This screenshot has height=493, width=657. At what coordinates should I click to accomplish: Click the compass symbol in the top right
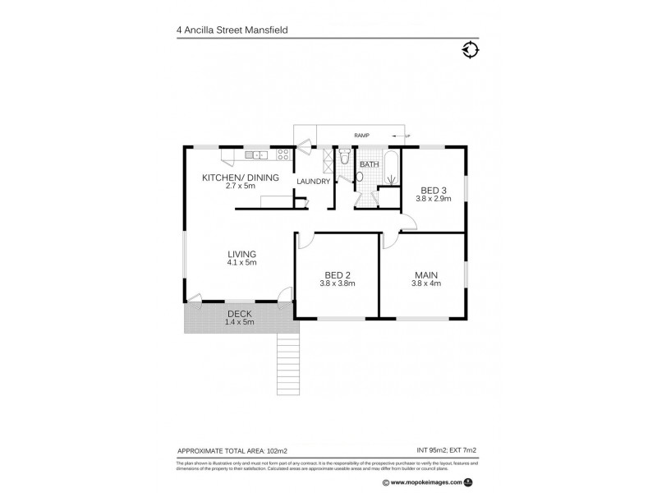pyautogui.click(x=470, y=50)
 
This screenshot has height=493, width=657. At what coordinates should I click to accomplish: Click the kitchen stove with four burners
pyautogui.click(x=283, y=154)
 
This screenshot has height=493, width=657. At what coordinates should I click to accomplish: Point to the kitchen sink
pyautogui.click(x=257, y=154)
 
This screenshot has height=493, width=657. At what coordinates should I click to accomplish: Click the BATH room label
pyautogui.click(x=369, y=164)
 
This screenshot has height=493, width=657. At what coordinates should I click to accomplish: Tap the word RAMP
pyautogui.click(x=361, y=135)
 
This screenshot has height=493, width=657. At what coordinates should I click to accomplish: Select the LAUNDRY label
pyautogui.click(x=314, y=182)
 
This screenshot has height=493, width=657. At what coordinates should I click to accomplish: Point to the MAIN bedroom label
pyautogui.click(x=425, y=274)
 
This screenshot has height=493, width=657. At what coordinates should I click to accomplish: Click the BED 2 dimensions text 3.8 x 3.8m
pyautogui.click(x=337, y=283)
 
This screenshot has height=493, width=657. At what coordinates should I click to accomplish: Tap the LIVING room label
pyautogui.click(x=241, y=254)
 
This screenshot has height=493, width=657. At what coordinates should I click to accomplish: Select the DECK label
pyautogui.click(x=240, y=314)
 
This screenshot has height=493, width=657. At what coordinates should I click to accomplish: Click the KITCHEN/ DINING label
pyautogui.click(x=241, y=177)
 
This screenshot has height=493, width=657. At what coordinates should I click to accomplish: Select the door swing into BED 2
pyautogui.click(x=304, y=241)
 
